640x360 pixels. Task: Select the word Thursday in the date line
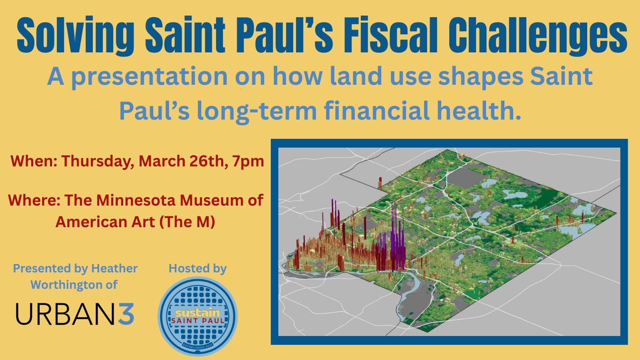tap(96, 162)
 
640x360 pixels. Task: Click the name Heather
tap(114, 268)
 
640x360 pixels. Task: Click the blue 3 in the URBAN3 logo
tap(126, 314)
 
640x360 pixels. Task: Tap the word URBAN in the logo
tap(66, 314)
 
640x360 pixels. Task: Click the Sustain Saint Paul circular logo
tap(198, 316)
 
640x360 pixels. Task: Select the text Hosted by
tap(198, 268)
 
